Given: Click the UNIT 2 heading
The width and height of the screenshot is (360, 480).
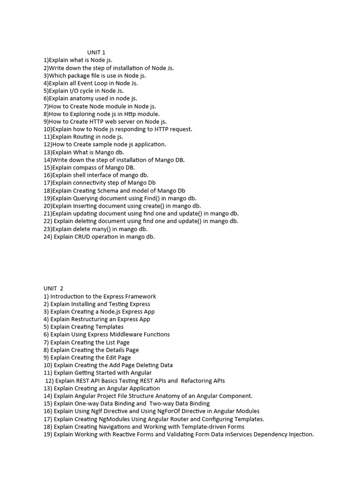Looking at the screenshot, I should tap(53, 288).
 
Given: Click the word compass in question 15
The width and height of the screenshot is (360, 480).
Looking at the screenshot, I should tap(84, 167).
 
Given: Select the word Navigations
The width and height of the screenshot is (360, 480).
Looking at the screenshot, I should tap(116, 427).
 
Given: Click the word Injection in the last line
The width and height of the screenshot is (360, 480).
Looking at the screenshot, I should tap(299, 434).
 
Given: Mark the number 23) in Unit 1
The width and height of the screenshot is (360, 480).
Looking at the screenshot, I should tap(48, 229).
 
